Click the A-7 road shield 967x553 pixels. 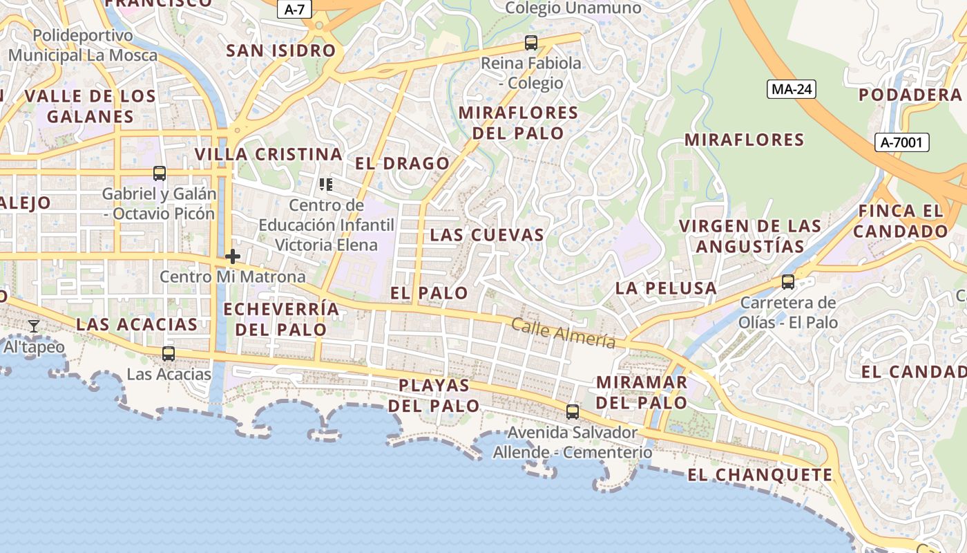click(x=295, y=9)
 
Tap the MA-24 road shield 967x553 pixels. click(x=792, y=88)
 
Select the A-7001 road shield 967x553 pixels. click(x=902, y=142)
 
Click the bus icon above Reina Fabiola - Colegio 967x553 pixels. click(x=530, y=43)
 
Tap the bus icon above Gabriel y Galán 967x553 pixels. click(x=160, y=174)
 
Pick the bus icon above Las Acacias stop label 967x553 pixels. click(x=168, y=354)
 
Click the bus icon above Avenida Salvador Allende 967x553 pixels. click(x=572, y=412)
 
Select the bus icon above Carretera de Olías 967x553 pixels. click(x=787, y=282)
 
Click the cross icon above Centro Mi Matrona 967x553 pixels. click(x=233, y=256)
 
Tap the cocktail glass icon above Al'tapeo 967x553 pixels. click(x=33, y=326)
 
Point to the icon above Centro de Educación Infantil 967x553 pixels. click(x=326, y=185)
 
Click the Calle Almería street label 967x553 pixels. click(x=563, y=332)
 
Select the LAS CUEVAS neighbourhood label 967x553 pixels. click(x=487, y=235)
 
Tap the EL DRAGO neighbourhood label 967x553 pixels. click(x=402, y=164)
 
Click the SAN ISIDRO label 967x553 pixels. click(x=281, y=50)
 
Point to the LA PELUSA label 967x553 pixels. click(x=666, y=288)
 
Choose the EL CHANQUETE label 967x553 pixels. click(x=760, y=475)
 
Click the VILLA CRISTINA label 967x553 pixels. click(x=269, y=154)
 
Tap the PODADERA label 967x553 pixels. click(x=910, y=95)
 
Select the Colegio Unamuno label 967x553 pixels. click(x=573, y=8)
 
